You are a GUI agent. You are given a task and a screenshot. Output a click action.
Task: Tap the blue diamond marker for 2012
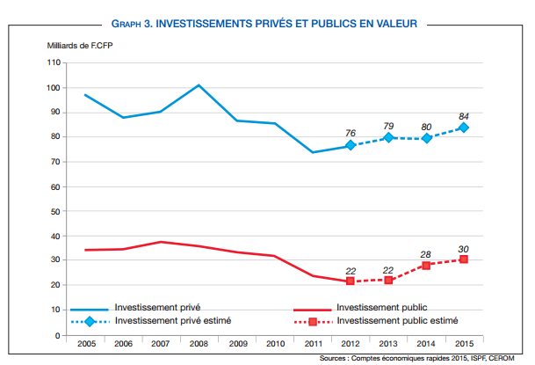tap(350, 145)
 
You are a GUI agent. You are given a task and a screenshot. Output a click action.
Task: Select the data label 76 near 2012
tap(351, 133)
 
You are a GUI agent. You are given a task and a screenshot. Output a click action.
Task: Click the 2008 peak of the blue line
tap(199, 85)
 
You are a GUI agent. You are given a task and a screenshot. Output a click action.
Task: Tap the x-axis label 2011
tap(314, 345)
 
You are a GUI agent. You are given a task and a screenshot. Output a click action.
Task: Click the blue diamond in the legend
tap(90, 321)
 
